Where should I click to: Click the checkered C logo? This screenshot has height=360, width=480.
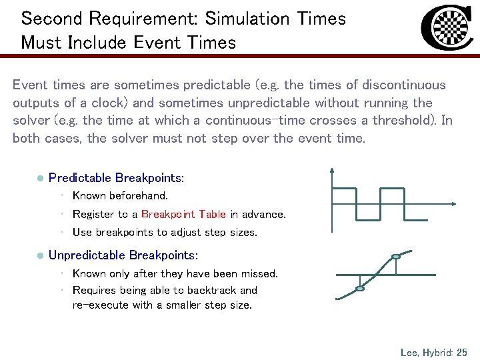tap(447, 29)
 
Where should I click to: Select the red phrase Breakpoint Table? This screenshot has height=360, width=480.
tap(183, 215)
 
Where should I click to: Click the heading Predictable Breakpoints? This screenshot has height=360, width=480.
tap(117, 178)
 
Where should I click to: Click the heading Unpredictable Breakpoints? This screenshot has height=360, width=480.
tap(123, 255)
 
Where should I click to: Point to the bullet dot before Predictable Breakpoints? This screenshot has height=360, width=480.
tap(40, 179)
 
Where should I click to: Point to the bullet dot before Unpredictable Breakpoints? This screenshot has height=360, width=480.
tap(40, 256)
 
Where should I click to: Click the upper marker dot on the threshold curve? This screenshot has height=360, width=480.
tap(396, 256)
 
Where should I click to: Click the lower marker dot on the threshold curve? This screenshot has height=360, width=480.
tap(360, 289)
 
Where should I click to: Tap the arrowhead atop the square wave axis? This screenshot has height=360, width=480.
tap(331, 170)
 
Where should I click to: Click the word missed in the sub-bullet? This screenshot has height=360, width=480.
tap(259, 273)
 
